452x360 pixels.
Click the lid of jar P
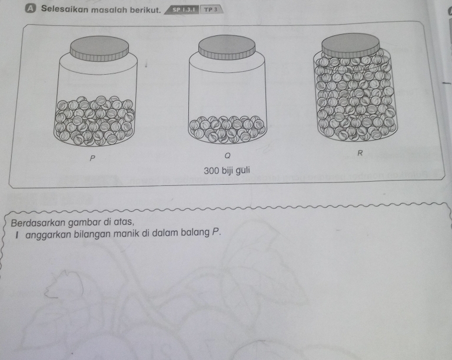99,48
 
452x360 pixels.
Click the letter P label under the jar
92,158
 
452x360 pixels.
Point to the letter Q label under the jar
227,156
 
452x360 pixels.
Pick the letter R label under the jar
360,153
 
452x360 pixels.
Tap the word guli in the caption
242,171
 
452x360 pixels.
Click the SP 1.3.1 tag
184,9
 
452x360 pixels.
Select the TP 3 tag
210,9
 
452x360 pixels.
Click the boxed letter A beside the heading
30,9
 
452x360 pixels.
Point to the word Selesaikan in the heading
64,9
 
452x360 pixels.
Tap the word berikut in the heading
145,10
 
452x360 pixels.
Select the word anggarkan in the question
48,234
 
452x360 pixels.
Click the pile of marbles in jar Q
227,129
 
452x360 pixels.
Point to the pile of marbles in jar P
95,121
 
